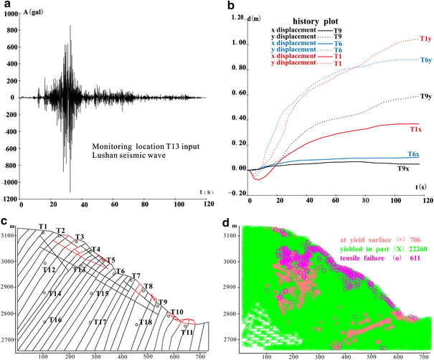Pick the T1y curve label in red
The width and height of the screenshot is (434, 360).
[423, 39]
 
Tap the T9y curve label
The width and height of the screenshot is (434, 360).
[423, 97]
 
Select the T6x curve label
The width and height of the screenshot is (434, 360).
[413, 154]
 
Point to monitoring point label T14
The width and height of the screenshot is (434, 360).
[55, 293]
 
